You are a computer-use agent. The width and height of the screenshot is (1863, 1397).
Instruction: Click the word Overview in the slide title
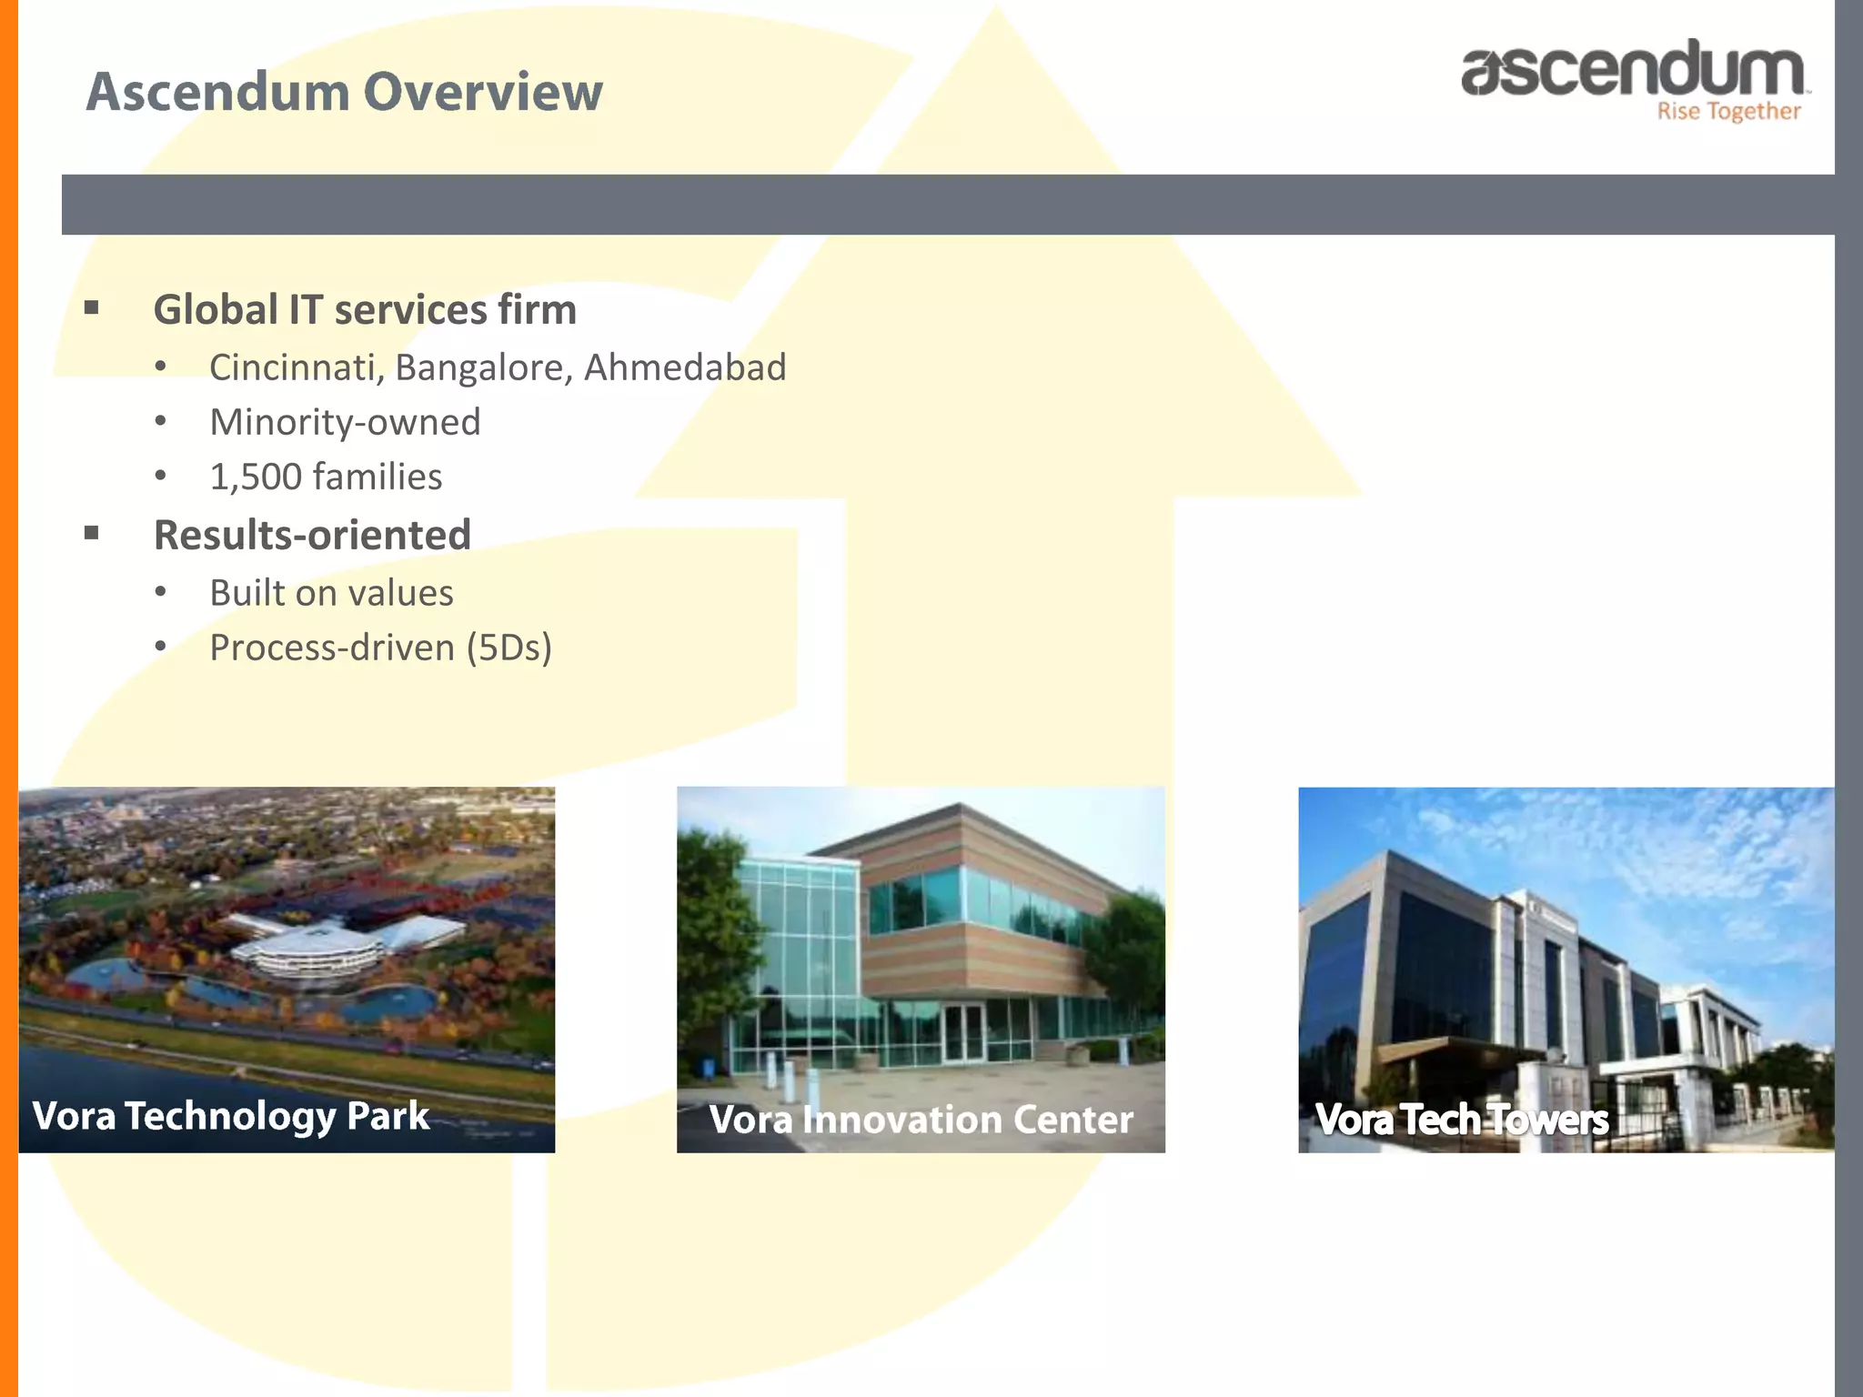pyautogui.click(x=483, y=92)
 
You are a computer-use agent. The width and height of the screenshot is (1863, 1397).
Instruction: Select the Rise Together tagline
pyautogui.click(x=1727, y=112)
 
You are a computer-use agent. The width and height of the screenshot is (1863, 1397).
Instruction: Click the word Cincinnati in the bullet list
pyautogui.click(x=292, y=367)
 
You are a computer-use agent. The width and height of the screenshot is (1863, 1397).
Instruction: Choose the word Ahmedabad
pyautogui.click(x=684, y=367)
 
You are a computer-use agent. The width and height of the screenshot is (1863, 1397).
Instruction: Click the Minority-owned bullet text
pyautogui.click(x=345, y=422)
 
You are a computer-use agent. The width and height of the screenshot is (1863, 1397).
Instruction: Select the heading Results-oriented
pyautogui.click(x=312, y=535)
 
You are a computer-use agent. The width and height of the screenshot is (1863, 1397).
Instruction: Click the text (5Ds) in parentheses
pyautogui.click(x=509, y=648)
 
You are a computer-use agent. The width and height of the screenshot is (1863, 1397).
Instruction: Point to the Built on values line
pyautogui.click(x=331, y=593)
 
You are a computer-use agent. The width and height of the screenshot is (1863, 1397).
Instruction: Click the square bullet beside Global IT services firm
pyautogui.click(x=91, y=308)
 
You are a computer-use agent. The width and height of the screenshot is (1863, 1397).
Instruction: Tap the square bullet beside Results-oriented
pyautogui.click(x=91, y=534)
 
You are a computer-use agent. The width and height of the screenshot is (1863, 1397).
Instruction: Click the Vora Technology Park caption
pyautogui.click(x=230, y=1116)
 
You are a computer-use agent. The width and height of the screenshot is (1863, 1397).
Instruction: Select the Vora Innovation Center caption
pyautogui.click(x=921, y=1120)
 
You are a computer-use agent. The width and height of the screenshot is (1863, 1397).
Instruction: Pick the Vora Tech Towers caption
pyautogui.click(x=1461, y=1120)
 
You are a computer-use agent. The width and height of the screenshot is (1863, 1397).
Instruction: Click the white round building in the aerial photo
pyautogui.click(x=307, y=957)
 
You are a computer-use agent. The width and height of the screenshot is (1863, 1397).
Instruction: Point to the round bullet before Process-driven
pyautogui.click(x=161, y=647)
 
